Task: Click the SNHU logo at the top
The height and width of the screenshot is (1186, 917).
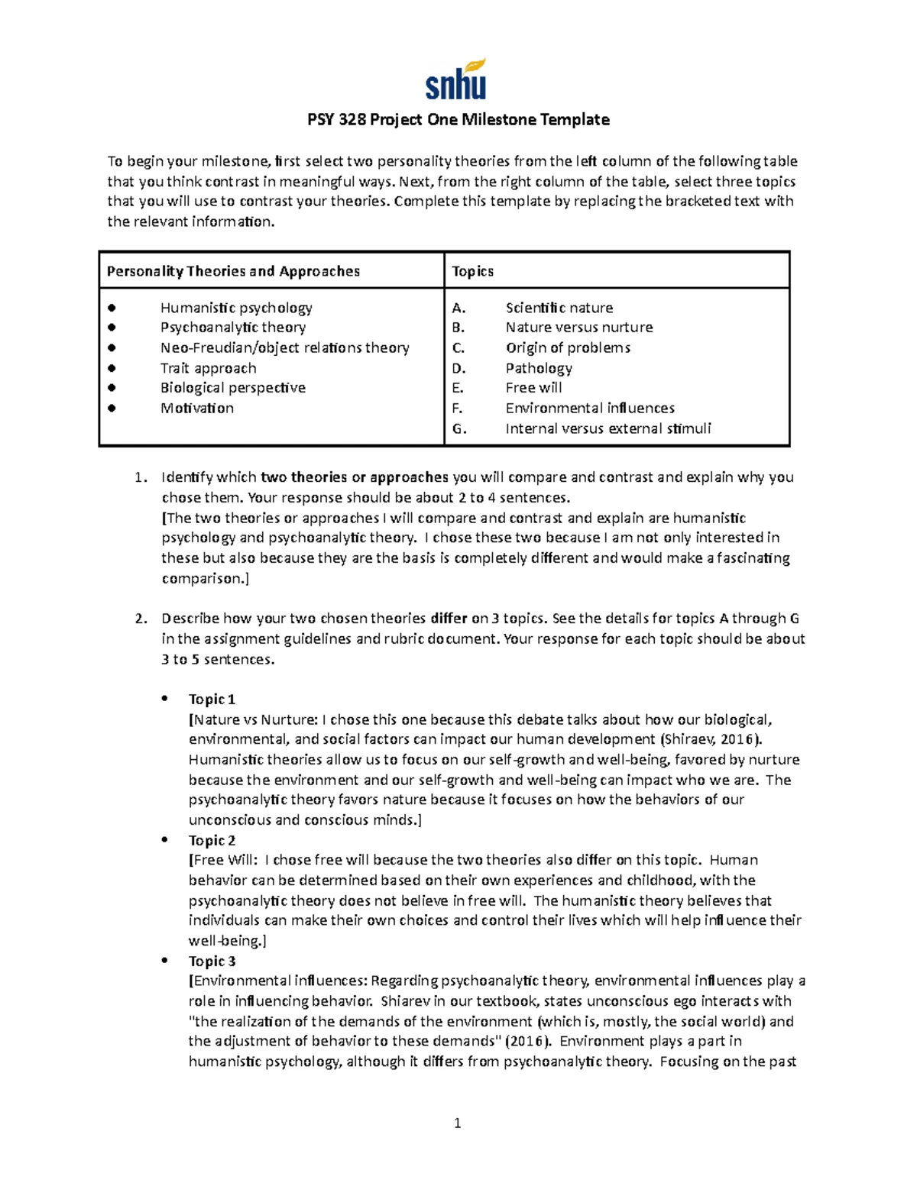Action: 456,80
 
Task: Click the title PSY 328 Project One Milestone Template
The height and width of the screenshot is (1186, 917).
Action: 458,120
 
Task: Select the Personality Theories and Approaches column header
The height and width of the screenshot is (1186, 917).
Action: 233,271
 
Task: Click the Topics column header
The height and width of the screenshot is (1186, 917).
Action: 472,271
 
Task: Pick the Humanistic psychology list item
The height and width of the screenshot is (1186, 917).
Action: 236,308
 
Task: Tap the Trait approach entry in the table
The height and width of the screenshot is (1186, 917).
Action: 208,368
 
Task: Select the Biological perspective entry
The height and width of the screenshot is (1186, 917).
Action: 232,388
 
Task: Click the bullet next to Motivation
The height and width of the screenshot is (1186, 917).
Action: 112,408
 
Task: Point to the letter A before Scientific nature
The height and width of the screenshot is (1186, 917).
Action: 458,308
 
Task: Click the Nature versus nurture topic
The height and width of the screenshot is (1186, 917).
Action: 578,328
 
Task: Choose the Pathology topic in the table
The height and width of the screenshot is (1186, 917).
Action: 538,368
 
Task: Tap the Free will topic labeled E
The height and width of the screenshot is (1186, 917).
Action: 533,388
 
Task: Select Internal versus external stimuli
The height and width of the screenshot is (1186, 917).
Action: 608,428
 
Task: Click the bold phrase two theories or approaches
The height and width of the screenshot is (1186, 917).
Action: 354,477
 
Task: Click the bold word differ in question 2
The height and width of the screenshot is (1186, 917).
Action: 449,619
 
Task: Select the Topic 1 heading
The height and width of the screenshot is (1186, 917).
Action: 212,700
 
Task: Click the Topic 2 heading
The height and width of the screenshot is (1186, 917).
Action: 212,841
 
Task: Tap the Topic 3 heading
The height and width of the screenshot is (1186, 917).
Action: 212,961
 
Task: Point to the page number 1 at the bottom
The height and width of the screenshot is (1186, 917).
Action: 457,1123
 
